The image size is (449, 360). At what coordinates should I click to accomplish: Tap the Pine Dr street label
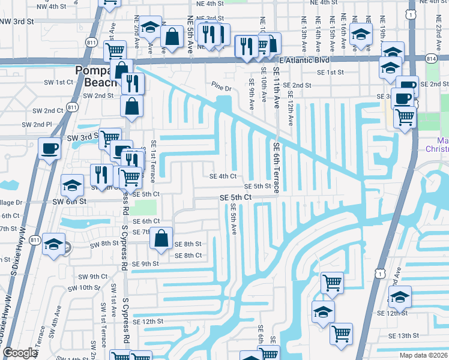tap(220, 88)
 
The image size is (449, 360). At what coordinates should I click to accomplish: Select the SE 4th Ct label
tap(223, 176)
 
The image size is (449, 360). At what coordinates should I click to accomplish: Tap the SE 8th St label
tap(188, 244)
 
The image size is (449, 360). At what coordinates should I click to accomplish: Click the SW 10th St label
tap(89, 287)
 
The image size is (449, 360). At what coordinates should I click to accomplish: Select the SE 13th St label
tap(403, 335)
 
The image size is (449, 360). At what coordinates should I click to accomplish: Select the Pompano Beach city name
tap(98, 76)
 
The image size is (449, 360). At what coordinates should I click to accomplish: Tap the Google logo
tap(20, 353)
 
